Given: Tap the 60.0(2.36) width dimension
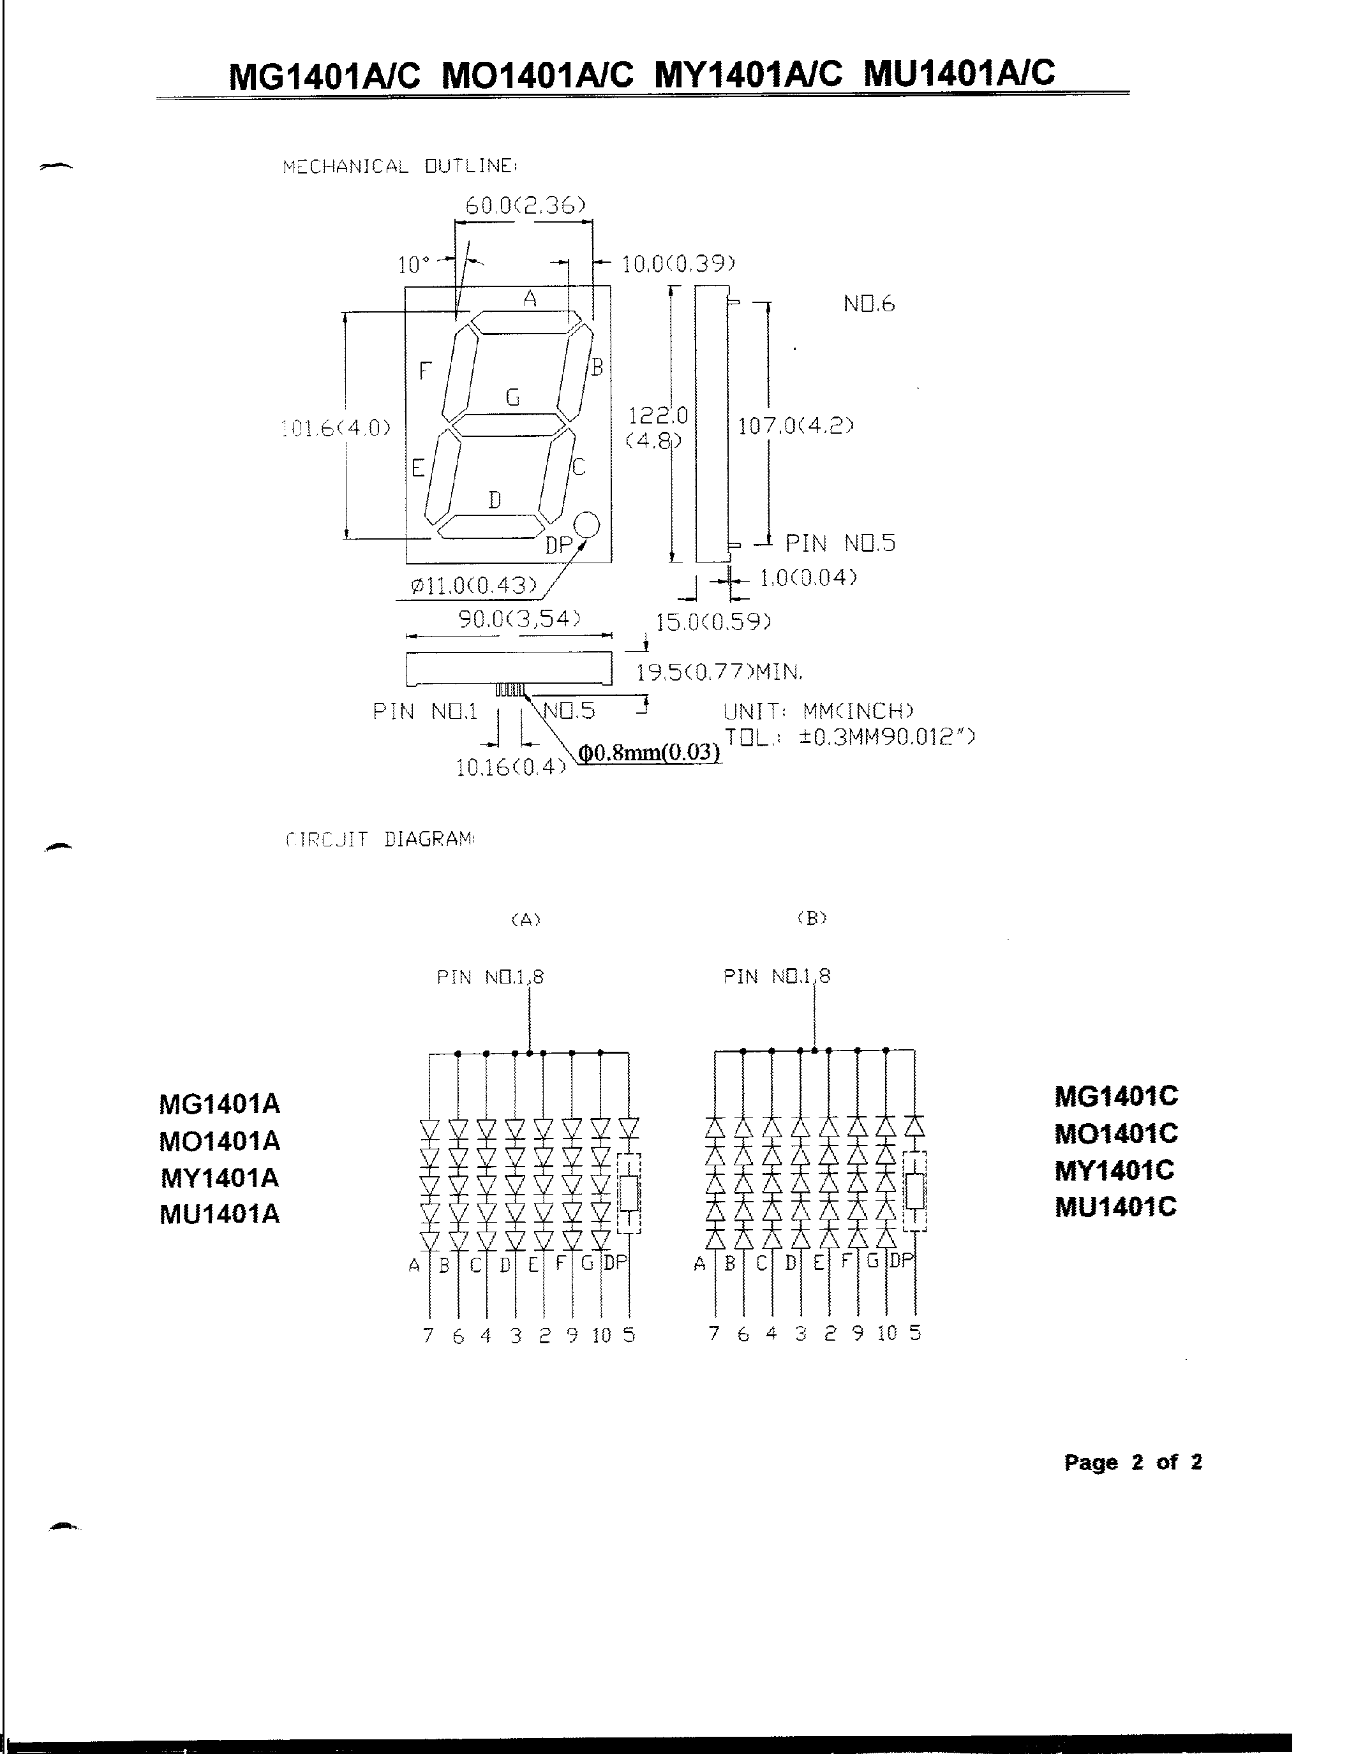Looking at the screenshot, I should coord(525,205).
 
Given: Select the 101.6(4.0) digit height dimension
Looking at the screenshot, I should coord(336,427).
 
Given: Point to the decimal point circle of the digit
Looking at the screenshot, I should coord(587,524).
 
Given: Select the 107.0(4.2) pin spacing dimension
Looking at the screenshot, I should coord(795,425).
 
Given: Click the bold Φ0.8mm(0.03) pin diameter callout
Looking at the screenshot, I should coord(649,753).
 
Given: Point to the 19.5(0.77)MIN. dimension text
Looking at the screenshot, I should coord(719,672).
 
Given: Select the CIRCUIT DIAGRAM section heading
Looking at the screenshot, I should coord(380,839).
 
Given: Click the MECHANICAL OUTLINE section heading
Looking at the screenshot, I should coord(399,166).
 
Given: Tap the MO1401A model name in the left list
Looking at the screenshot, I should coord(220,1140).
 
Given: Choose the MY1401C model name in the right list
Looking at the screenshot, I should coord(1114,1170).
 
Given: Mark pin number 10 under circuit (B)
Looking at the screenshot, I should coord(887,1333).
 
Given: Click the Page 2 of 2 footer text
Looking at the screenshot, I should coord(1132,1462).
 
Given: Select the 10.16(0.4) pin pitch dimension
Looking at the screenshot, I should coord(510,768).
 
